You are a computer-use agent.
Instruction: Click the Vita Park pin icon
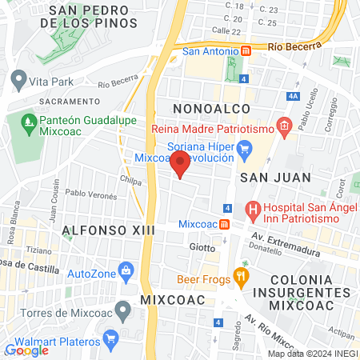pos(18,79)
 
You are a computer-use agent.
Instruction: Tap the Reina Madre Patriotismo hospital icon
pos(282,125)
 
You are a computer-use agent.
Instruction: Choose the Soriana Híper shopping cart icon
pos(246,148)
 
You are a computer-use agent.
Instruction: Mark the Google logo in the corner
pos(26,350)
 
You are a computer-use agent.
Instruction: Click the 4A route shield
pos(293,96)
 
